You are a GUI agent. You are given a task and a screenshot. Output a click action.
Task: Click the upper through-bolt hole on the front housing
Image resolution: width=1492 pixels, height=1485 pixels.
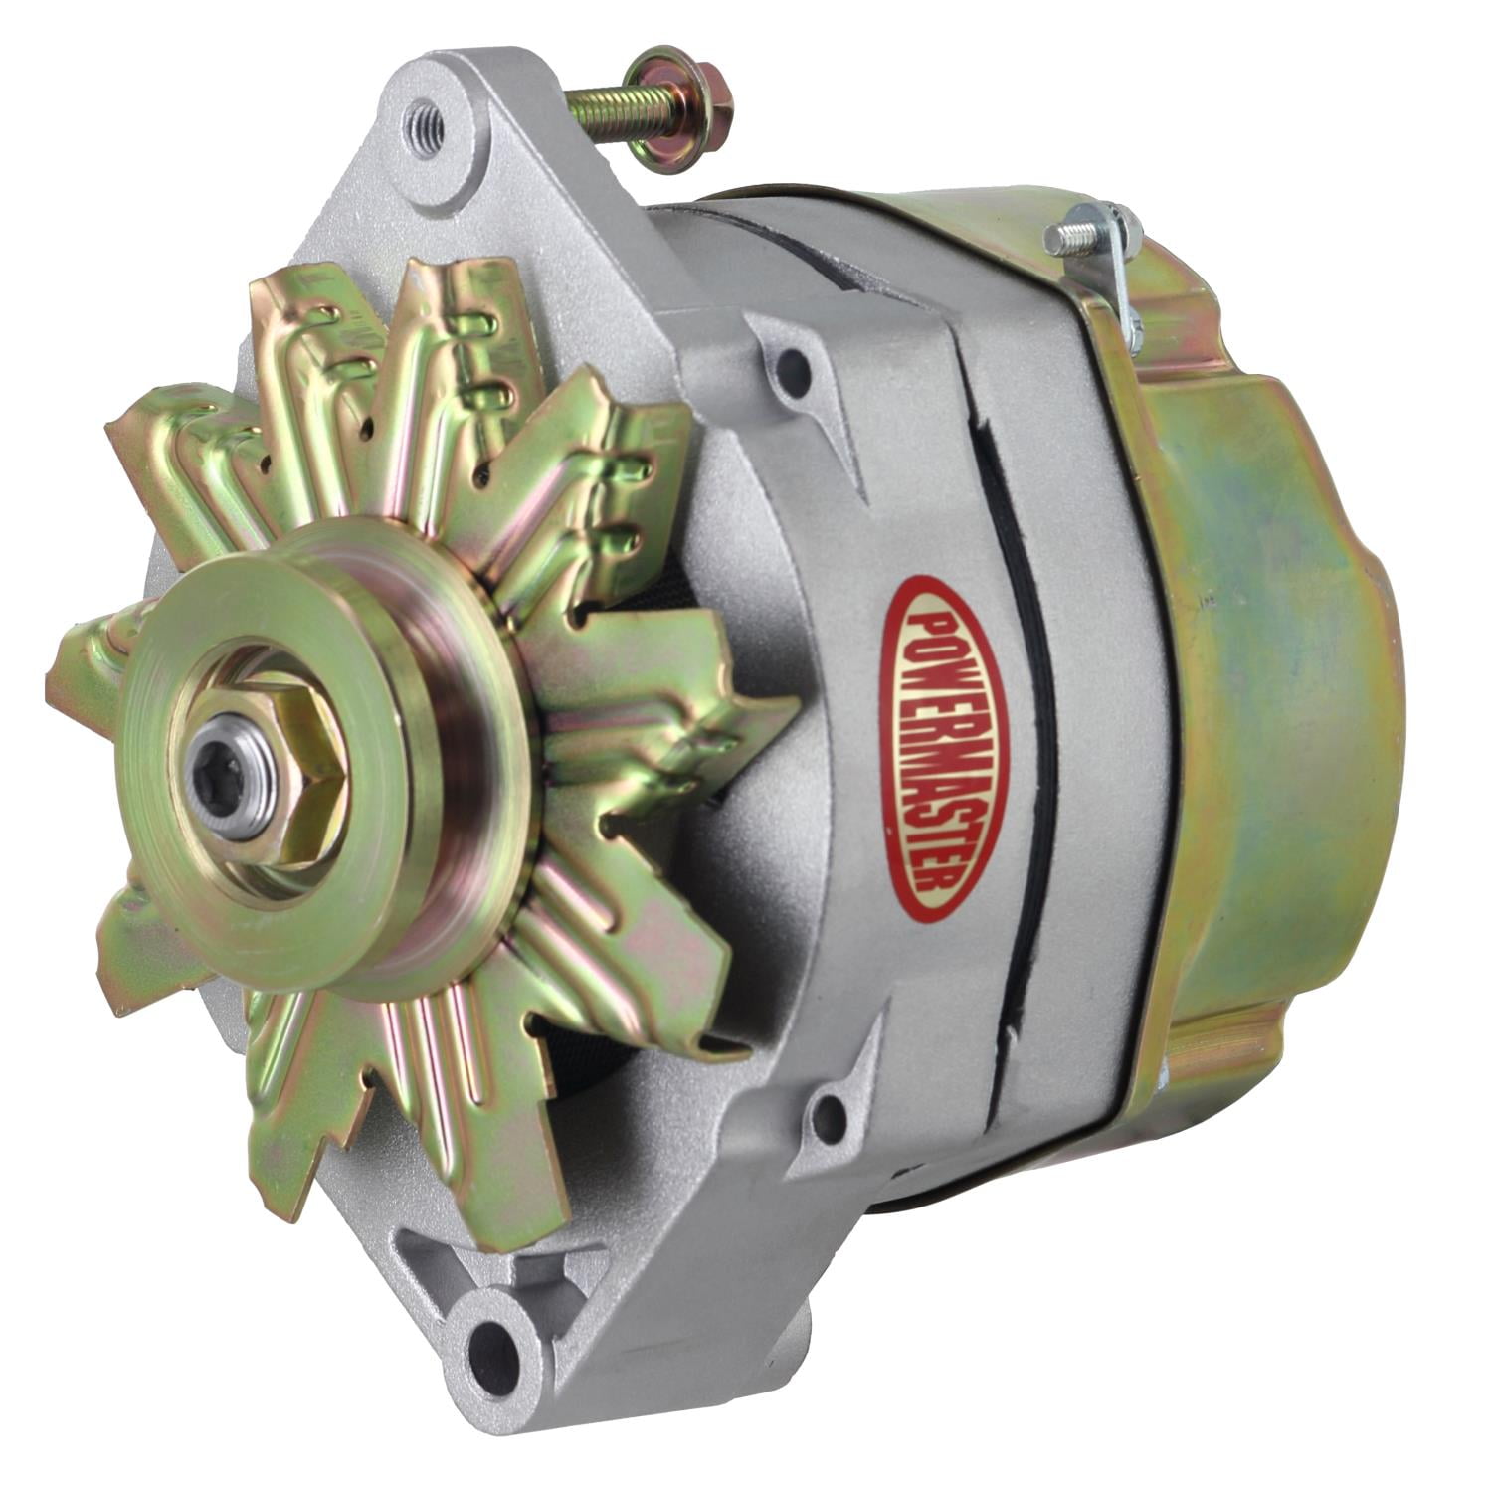[x=793, y=367]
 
